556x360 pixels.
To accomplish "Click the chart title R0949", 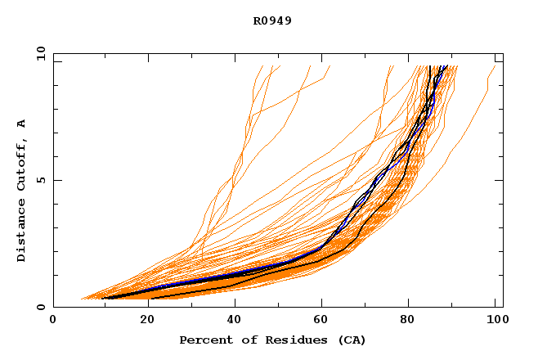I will [x=272, y=21].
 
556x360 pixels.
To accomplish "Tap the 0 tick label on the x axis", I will [x=53, y=321].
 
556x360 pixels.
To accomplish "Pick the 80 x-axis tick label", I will [x=410, y=321].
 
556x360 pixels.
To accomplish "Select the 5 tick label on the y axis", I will [x=40, y=180].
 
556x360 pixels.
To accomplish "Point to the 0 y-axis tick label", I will [x=40, y=308].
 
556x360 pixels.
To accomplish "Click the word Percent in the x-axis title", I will [x=203, y=340].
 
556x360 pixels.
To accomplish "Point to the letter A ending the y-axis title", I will [x=22, y=124].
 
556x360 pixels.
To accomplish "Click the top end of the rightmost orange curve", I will [x=495, y=66].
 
